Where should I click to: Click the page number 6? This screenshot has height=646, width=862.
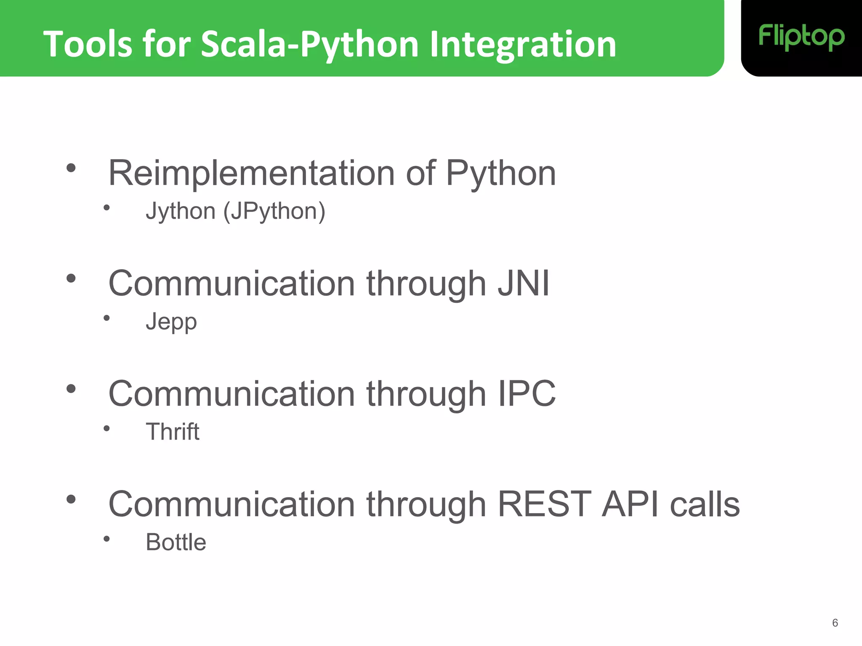835,623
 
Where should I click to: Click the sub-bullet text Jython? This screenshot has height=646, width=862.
181,211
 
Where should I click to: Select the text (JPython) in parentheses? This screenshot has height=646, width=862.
274,211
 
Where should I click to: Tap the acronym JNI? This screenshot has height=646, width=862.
524,283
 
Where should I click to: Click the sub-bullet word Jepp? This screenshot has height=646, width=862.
171,322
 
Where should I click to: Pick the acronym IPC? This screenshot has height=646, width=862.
527,394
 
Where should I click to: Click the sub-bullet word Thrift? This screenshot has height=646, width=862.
173,432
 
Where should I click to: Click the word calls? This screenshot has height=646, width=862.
705,504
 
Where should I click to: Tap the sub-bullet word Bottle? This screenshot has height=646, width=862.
176,542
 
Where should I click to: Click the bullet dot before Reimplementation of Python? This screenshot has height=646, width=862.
71,168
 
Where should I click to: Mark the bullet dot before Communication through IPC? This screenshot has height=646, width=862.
71,389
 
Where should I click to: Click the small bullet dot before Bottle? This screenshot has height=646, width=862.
106,539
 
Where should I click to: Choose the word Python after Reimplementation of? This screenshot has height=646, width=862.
501,173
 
